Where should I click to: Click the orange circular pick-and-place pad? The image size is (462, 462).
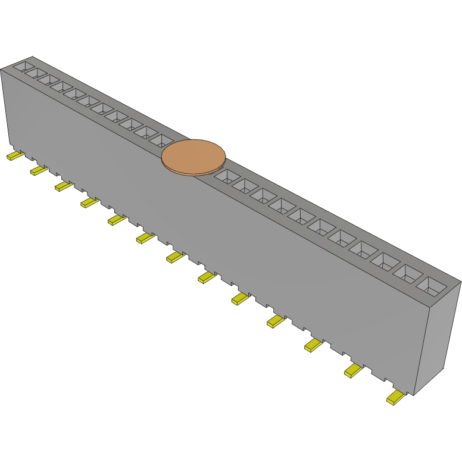click(193, 157)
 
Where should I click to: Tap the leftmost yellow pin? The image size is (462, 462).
click(15, 156)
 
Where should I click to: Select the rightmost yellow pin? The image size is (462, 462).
click(395, 397)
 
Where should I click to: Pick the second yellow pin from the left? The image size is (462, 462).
click(39, 171)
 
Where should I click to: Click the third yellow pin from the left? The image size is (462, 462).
click(63, 186)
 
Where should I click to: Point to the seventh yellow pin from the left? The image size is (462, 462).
click(176, 257)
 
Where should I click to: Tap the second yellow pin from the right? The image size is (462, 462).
click(354, 370)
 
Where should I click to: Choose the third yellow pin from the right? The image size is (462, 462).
click(313, 345)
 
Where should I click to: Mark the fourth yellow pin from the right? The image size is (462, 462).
click(276, 321)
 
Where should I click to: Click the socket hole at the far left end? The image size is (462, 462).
click(22, 66)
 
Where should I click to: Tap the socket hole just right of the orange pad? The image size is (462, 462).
click(226, 176)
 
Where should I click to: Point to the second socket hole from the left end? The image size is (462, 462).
click(36, 73)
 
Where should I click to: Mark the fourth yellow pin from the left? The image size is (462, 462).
click(89, 203)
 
